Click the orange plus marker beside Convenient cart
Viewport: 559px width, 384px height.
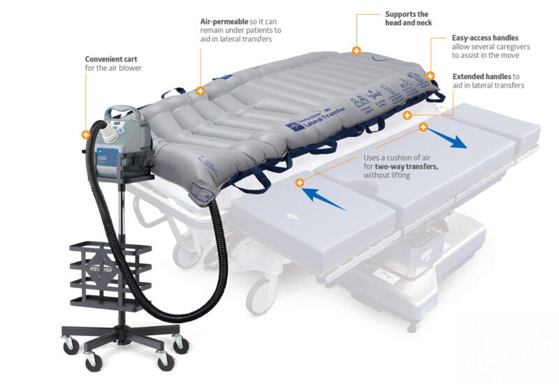(x=85, y=134)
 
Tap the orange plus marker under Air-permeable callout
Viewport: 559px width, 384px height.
(x=201, y=90)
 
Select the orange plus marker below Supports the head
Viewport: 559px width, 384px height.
(x=356, y=51)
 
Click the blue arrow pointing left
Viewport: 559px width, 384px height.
(x=324, y=199)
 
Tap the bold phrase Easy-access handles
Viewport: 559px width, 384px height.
(x=485, y=38)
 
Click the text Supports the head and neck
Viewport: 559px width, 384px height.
(x=407, y=18)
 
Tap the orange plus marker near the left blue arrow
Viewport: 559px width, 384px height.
(x=300, y=183)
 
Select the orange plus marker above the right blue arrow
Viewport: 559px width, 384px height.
(x=423, y=127)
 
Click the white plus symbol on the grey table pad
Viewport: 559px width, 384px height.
(x=291, y=219)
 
